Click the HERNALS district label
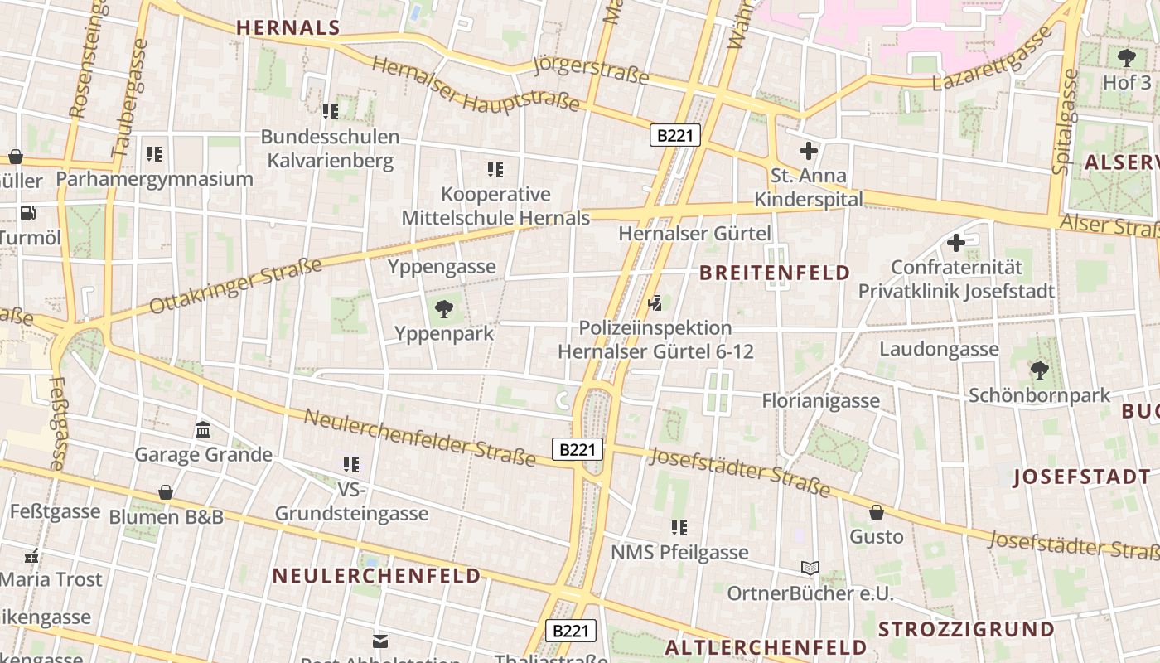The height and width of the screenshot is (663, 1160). click(288, 27)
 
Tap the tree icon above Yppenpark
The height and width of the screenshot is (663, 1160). click(444, 309)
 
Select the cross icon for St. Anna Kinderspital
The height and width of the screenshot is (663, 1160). click(808, 151)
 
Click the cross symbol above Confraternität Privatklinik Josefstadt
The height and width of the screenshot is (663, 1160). click(956, 243)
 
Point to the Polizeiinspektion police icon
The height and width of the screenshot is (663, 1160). click(655, 303)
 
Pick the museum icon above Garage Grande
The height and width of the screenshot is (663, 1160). click(203, 429)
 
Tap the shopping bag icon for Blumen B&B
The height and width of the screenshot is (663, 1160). click(166, 492)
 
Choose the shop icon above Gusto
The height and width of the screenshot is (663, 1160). click(876, 512)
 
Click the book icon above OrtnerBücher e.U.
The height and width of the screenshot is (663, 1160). click(810, 568)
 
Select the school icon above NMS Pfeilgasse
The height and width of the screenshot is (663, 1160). click(679, 527)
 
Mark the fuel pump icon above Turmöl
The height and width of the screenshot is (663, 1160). click(28, 213)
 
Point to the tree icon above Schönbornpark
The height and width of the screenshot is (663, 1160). click(1039, 370)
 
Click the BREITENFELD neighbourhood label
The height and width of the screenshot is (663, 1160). click(775, 273)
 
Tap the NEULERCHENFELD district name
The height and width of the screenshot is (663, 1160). click(376, 576)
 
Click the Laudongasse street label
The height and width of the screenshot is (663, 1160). click(939, 349)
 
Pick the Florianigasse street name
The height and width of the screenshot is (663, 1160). click(820, 401)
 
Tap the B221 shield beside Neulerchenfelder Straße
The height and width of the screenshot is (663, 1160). click(578, 449)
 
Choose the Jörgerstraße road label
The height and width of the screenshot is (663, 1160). click(590, 70)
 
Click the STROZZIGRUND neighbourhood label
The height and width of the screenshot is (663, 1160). click(966, 629)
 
